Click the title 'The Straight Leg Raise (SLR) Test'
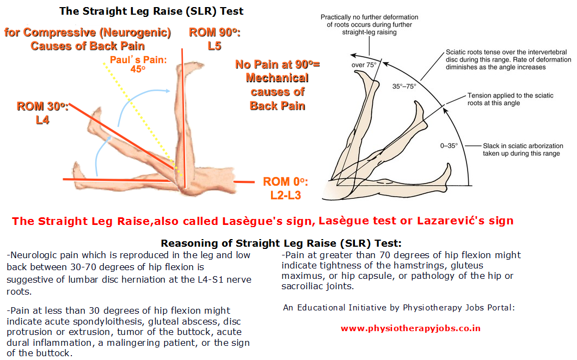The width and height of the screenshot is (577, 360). (x=151, y=11)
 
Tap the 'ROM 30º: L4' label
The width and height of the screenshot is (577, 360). (x=42, y=113)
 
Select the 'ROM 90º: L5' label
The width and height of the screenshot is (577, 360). (x=214, y=39)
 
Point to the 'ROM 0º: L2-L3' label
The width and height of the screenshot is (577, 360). (x=285, y=188)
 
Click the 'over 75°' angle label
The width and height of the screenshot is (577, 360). (x=364, y=65)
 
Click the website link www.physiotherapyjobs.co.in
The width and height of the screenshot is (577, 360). (x=410, y=328)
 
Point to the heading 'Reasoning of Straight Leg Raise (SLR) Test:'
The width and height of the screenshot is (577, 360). (x=281, y=243)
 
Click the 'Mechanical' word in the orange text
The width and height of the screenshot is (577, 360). (x=278, y=78)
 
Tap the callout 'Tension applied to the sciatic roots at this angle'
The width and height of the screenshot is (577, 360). (x=511, y=99)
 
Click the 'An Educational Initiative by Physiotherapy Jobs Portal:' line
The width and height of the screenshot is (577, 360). (x=399, y=308)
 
